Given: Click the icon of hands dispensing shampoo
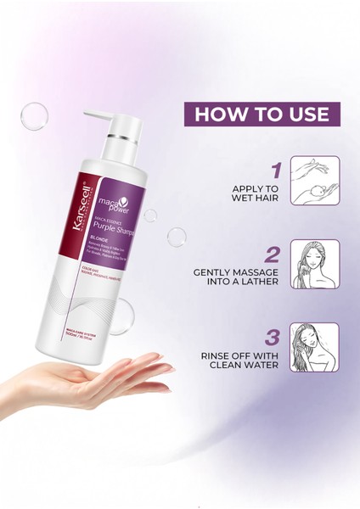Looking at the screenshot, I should click(x=314, y=181).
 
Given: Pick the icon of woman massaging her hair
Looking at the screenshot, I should click(x=314, y=264).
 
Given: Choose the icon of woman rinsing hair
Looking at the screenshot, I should click(x=314, y=347).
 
